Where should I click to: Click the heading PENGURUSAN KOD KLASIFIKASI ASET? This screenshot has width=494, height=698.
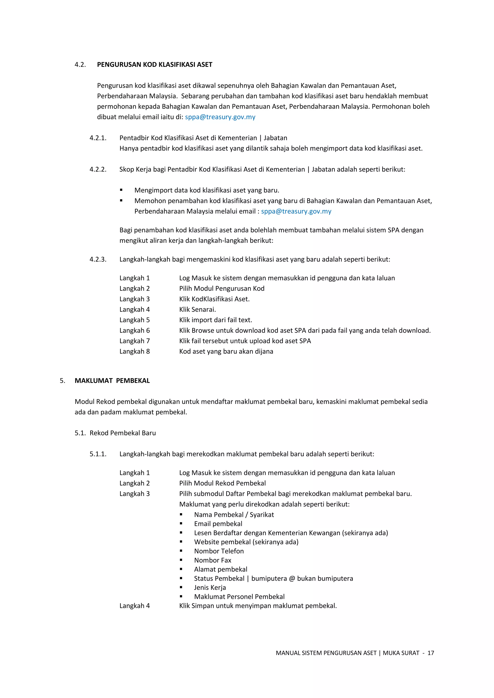click(x=155, y=64)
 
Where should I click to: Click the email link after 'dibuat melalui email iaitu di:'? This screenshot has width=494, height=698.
click(x=220, y=117)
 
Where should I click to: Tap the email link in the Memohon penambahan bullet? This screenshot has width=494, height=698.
click(x=296, y=211)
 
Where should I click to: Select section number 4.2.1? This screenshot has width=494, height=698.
click(x=98, y=138)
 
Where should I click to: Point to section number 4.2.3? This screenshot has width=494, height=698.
click(x=98, y=259)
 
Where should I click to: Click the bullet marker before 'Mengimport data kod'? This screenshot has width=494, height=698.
click(x=121, y=190)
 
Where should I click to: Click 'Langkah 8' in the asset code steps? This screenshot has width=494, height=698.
click(x=134, y=352)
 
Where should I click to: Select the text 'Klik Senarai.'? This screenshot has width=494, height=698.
click(x=197, y=310)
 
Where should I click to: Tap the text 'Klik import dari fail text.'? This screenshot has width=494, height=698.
click(x=215, y=320)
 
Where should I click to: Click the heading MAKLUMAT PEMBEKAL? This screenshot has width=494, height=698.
click(x=112, y=381)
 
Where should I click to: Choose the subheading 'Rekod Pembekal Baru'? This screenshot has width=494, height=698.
click(x=123, y=433)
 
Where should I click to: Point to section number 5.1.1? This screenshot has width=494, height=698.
click(x=98, y=454)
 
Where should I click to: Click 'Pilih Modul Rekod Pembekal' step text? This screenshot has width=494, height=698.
click(x=222, y=483)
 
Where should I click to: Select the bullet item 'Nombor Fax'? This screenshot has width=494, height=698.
click(x=213, y=560)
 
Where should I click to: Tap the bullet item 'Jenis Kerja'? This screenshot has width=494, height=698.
click(x=210, y=587)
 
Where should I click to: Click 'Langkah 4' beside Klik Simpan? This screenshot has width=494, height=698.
click(x=134, y=606)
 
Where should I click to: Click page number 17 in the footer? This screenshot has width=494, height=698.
click(x=430, y=653)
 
